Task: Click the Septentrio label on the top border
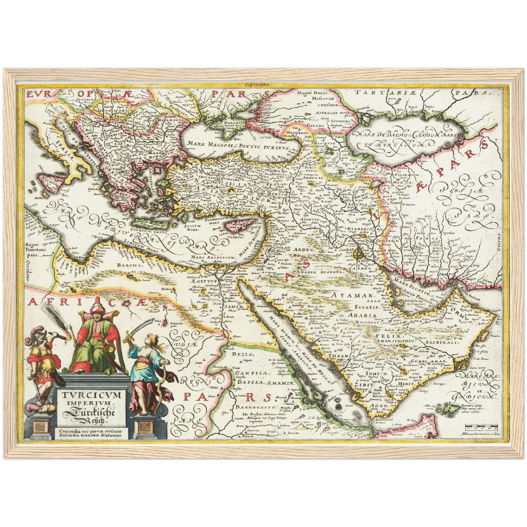click(257, 84)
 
